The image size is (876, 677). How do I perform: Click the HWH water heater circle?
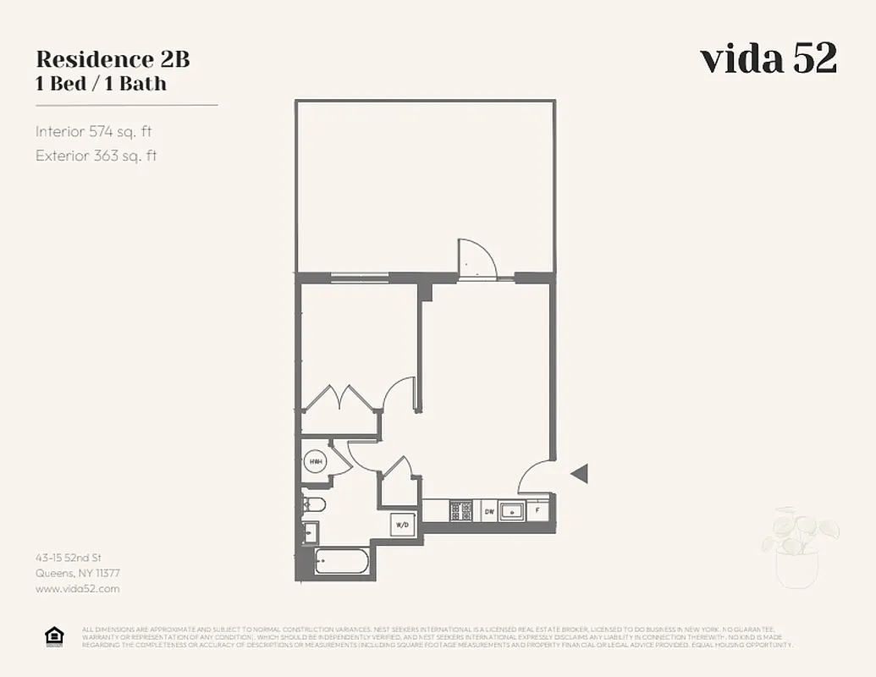(316, 462)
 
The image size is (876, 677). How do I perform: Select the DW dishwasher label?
(489, 511)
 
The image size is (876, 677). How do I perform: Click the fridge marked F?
(538, 511)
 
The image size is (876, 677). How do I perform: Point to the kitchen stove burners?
(461, 511)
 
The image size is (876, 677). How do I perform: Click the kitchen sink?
(512, 511)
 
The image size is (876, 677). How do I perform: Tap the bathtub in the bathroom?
(342, 561)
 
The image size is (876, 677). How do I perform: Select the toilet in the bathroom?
(313, 505)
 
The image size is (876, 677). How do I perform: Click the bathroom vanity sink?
(311, 533)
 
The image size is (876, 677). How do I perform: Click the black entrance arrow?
(579, 474)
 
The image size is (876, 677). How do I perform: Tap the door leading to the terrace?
(477, 260)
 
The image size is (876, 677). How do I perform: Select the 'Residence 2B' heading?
(113, 59)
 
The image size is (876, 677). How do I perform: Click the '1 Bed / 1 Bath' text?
(101, 83)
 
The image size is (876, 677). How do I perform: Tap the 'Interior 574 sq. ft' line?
(93, 131)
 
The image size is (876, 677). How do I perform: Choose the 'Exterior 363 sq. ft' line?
(96, 156)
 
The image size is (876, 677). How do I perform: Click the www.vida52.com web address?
(78, 588)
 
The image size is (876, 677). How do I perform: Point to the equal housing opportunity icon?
(54, 636)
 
